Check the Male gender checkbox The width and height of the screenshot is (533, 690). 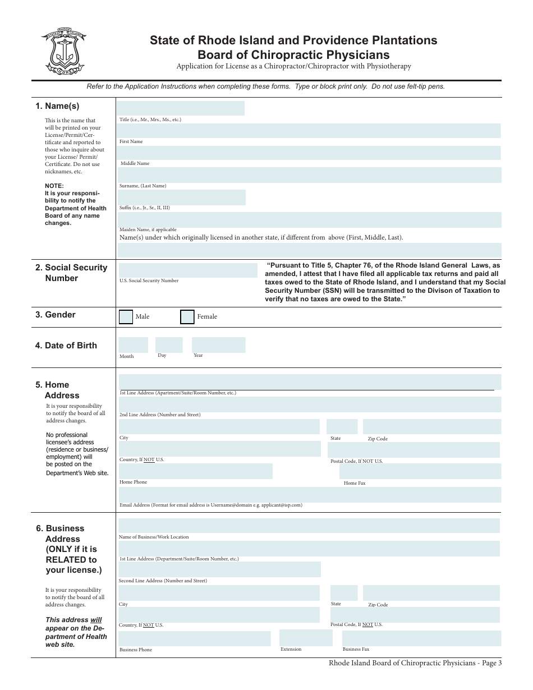[x=126, y=317]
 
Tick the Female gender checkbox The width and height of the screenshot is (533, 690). [x=187, y=317]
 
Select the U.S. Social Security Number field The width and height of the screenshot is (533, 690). [x=188, y=270]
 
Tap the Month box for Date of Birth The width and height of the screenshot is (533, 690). [x=133, y=345]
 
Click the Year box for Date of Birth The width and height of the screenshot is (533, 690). [x=218, y=345]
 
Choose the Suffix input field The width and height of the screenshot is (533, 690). [x=182, y=197]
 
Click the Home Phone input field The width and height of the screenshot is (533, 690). [x=195, y=471]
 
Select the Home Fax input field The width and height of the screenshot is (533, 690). [x=420, y=471]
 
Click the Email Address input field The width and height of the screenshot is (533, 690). [x=310, y=494]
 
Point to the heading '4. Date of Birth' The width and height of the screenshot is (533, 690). [x=66, y=346]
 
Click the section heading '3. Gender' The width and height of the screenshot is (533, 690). [x=56, y=315]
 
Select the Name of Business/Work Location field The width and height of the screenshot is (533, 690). [x=309, y=526]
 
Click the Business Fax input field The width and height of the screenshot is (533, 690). [x=421, y=638]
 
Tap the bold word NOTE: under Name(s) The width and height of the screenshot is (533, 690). [x=54, y=186]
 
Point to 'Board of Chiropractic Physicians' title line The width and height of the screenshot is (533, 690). [x=293, y=55]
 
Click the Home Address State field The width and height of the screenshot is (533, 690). [x=342, y=427]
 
